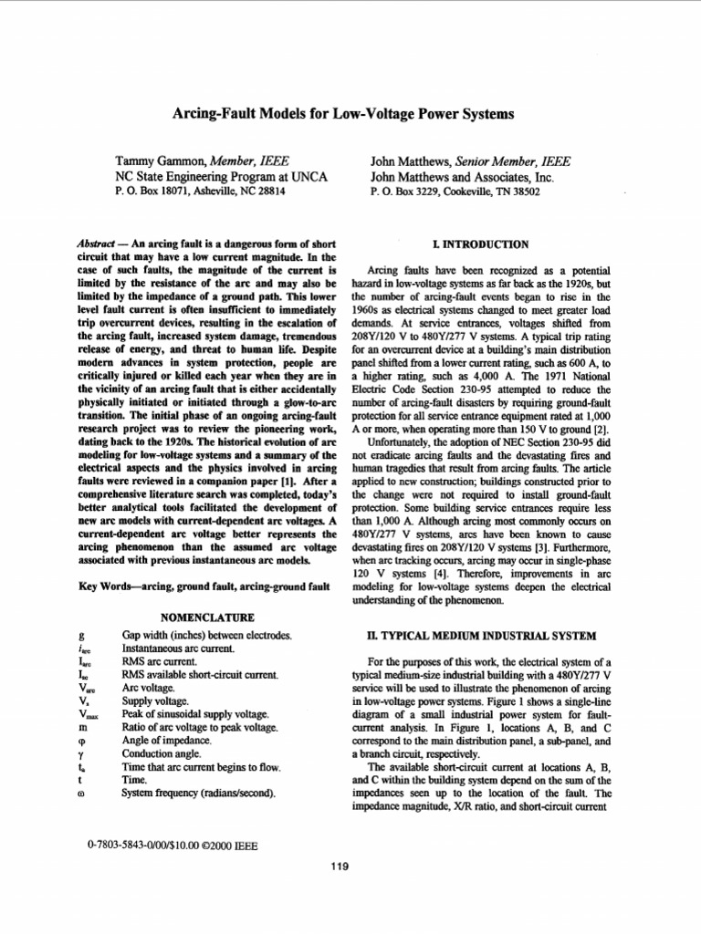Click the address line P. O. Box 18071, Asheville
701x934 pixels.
tap(200, 192)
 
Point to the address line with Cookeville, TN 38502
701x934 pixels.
tap(455, 192)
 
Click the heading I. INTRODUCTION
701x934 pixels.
tap(483, 245)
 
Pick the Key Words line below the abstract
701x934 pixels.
tap(205, 586)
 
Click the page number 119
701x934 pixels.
tap(340, 867)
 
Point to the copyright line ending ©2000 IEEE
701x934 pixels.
tap(172, 846)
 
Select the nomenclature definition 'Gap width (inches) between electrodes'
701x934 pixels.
tap(207, 634)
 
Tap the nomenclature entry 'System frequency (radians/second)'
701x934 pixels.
tap(200, 794)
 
